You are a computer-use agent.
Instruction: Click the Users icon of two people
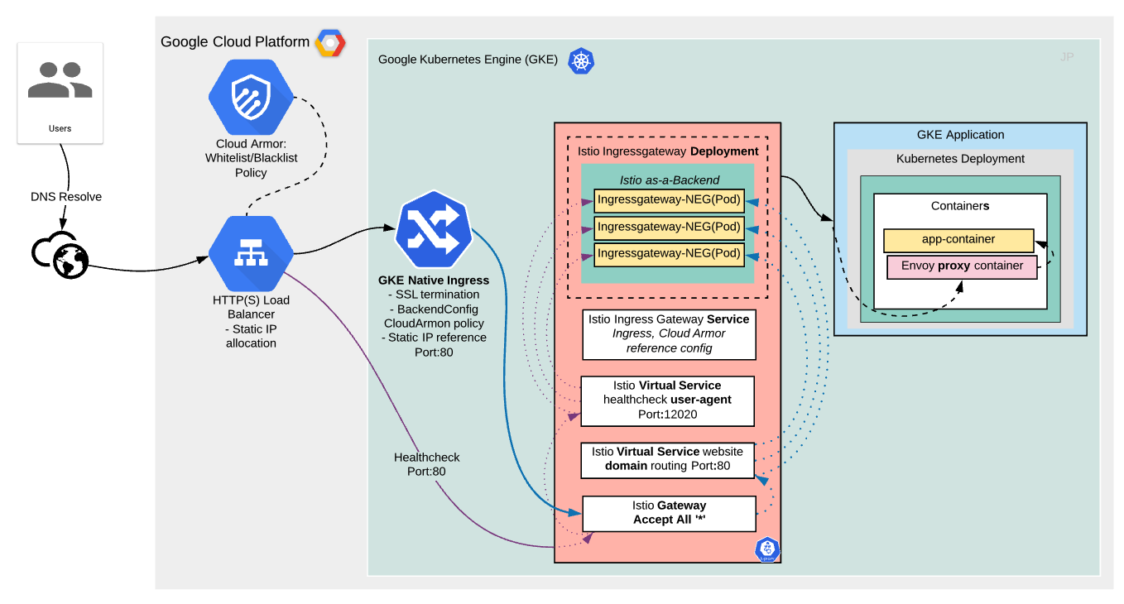(60, 81)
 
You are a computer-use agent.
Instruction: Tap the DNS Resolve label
(66, 197)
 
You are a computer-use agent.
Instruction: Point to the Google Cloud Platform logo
(329, 42)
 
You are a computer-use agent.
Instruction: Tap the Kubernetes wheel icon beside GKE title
(580, 60)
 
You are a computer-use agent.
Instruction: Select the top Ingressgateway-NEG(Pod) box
(669, 200)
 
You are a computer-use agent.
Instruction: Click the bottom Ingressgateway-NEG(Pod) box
(669, 253)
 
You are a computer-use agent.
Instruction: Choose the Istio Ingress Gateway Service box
(669, 333)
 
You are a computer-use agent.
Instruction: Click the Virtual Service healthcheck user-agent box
(667, 400)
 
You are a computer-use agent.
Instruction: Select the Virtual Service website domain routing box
(667, 459)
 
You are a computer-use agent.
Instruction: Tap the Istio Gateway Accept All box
(669, 513)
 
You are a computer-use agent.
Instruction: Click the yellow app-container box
(958, 240)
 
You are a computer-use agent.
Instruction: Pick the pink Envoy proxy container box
(962, 266)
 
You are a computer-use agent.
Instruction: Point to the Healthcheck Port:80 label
(426, 464)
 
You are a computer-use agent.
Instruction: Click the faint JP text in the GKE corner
(1067, 57)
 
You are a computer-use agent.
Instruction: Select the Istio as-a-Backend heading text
(669, 180)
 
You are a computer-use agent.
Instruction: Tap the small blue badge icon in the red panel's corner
(767, 549)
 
